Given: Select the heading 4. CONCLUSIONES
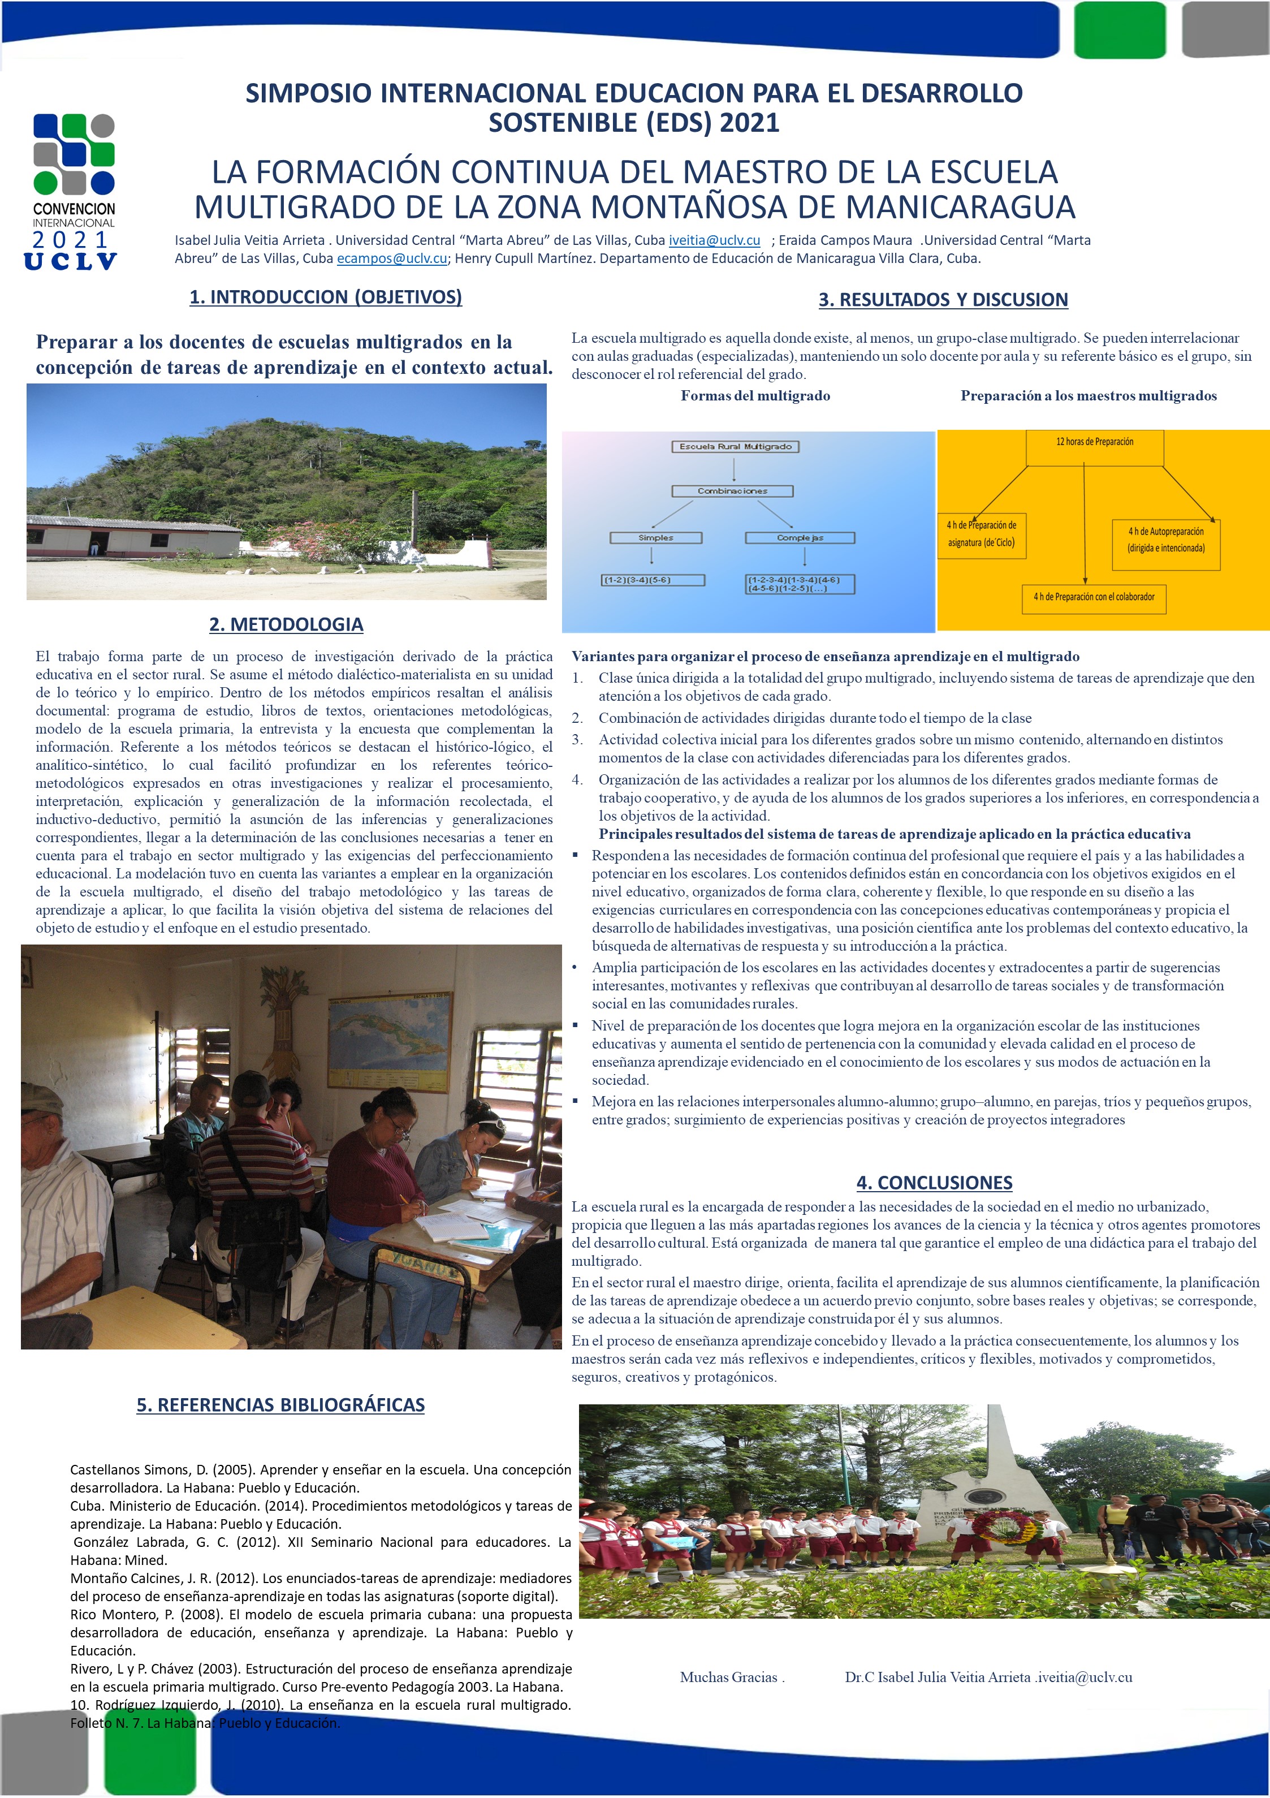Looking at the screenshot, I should pos(934,1183).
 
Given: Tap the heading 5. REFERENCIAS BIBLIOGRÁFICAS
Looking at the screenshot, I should pos(280,1404).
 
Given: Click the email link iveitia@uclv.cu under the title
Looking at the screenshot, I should pos(714,240).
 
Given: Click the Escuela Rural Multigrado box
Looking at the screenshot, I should pos(735,446).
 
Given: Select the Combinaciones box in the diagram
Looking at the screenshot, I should pos(732,491).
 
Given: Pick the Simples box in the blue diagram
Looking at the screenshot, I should pos(655,538).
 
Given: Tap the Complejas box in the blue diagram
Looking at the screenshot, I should pos(800,538).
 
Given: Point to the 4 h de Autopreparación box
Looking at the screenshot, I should pos(1166,540).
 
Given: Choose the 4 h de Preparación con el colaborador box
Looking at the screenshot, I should pos(1093,597).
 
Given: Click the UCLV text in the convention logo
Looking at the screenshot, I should pos(71,261).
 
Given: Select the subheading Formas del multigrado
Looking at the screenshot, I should pos(755,395).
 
